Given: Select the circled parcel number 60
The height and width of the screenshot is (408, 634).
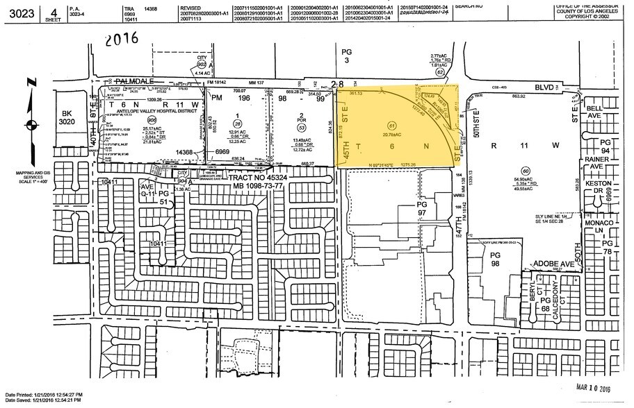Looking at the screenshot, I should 526,171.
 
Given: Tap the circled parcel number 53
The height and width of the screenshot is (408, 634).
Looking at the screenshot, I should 302,128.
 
